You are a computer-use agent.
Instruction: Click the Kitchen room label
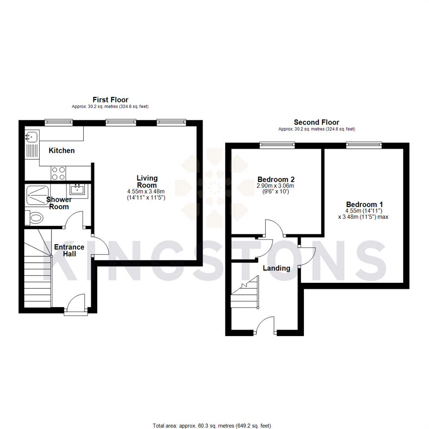click(62, 151)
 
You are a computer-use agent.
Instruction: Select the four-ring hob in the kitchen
click(58, 173)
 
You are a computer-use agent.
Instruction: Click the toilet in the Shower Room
click(35, 217)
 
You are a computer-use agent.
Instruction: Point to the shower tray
click(38, 195)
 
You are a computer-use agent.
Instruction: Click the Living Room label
click(147, 182)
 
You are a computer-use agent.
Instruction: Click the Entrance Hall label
click(69, 250)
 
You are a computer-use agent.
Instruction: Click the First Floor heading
click(110, 100)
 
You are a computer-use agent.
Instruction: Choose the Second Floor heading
click(316, 122)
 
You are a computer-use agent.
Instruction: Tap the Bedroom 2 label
click(276, 179)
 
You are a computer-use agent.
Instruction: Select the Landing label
click(276, 268)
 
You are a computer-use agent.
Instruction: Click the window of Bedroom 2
click(277, 145)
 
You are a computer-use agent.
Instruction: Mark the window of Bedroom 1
click(364, 145)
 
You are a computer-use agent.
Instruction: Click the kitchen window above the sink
click(58, 122)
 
